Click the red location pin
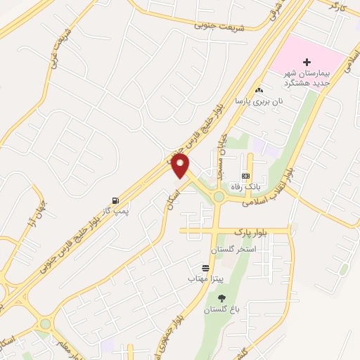pos(181,166)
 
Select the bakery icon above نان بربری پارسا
pos(259,90)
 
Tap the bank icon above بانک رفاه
pos(245,176)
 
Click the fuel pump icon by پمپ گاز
pos(114,200)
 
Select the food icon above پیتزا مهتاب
pos(205,268)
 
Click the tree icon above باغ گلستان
pos(223,298)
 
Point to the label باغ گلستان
pos(222,310)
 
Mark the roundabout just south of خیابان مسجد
pos(220,196)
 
